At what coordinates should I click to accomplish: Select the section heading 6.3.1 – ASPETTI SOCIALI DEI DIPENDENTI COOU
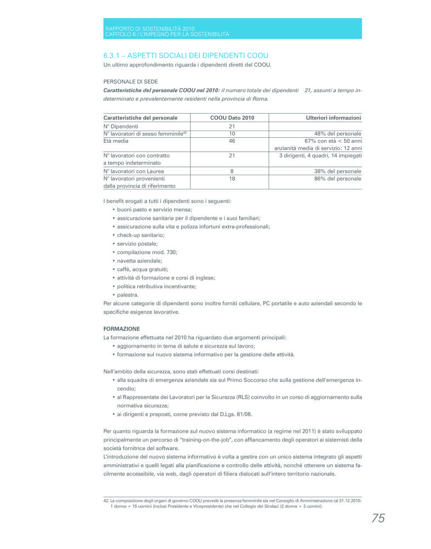tap(186, 56)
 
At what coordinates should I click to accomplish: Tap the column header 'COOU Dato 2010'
tap(232, 117)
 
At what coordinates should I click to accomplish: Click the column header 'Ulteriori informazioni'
tap(333, 117)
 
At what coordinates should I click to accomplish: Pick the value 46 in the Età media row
tap(232, 141)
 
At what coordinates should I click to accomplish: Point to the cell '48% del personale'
tap(338, 133)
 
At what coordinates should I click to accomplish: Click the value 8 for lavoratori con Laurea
tap(232, 171)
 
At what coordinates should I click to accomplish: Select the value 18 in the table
tap(232, 178)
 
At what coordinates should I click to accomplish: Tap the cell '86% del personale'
tap(338, 178)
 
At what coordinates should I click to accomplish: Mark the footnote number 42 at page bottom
tap(106, 500)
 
